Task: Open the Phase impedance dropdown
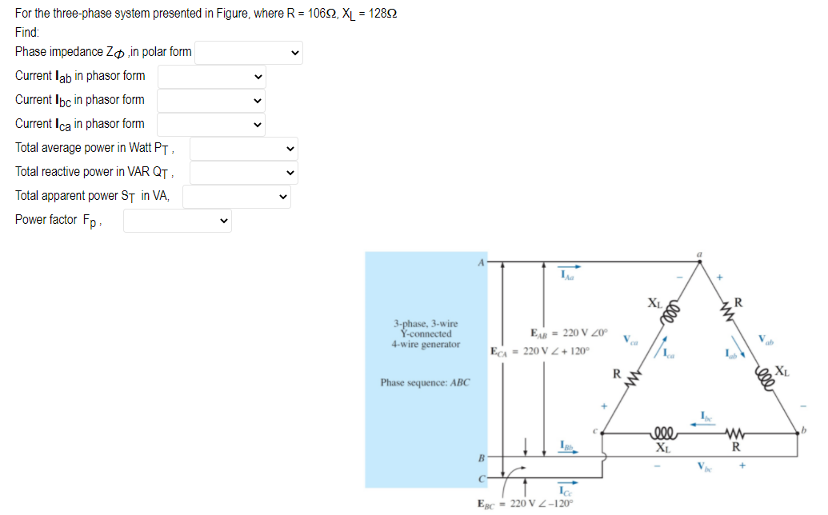pyautogui.click(x=249, y=54)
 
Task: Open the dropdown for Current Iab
pyautogui.click(x=212, y=78)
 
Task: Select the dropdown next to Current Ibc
pyautogui.click(x=212, y=102)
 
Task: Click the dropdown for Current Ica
pyautogui.click(x=212, y=125)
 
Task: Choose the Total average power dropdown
pyautogui.click(x=243, y=149)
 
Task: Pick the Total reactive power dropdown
pyautogui.click(x=243, y=173)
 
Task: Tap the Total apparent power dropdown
pyautogui.click(x=237, y=197)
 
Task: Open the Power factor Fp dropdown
pyautogui.click(x=178, y=221)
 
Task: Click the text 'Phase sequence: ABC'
pyautogui.click(x=426, y=382)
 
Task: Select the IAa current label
pyautogui.click(x=567, y=277)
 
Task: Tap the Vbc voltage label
pyautogui.click(x=704, y=465)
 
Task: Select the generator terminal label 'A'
pyautogui.click(x=482, y=261)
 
